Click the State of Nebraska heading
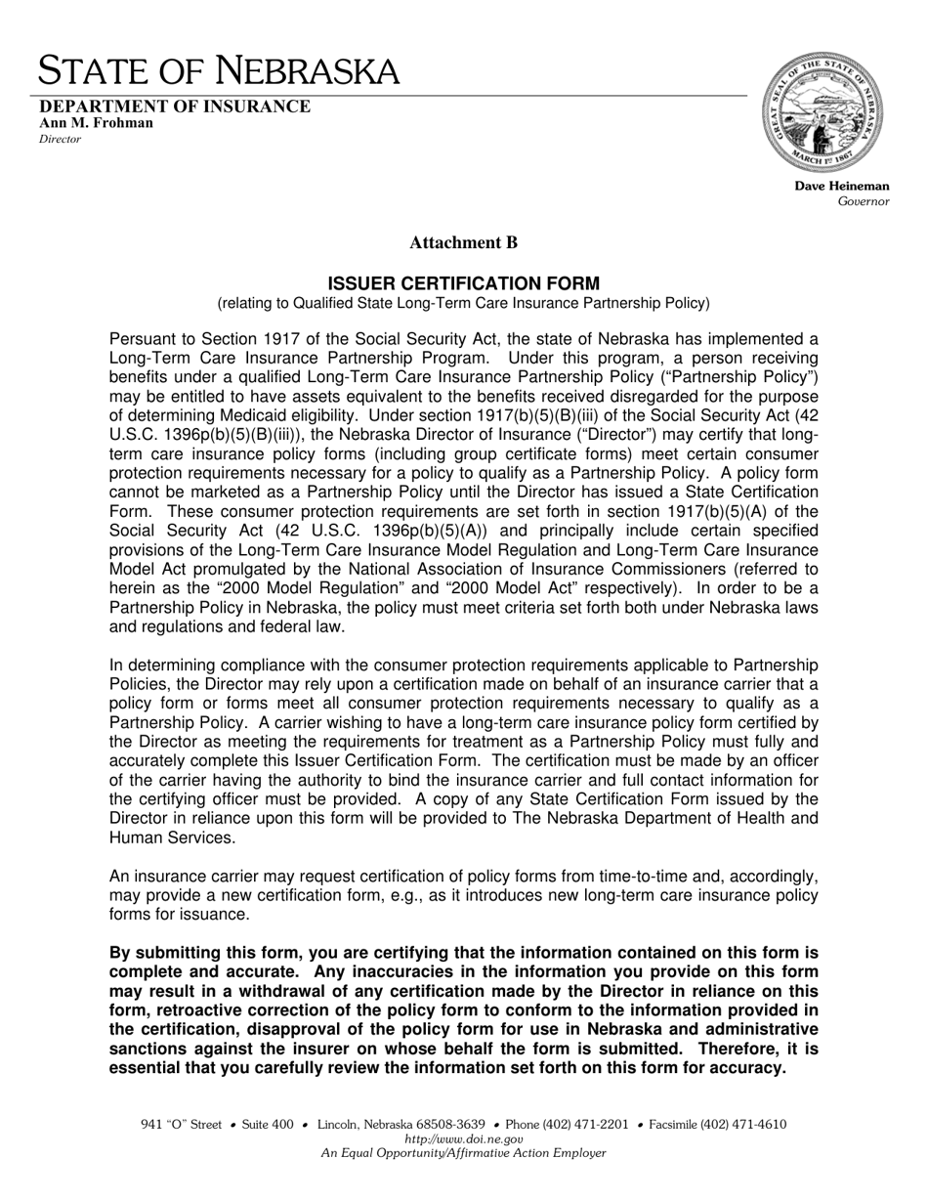[x=219, y=71]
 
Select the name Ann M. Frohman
[x=96, y=123]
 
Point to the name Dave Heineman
[x=841, y=186]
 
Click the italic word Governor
[x=864, y=201]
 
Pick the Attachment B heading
[x=463, y=242]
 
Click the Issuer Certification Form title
[x=463, y=283]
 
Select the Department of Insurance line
[x=175, y=107]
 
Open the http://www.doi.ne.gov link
[x=463, y=1138]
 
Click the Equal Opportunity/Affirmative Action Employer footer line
[x=463, y=1153]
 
